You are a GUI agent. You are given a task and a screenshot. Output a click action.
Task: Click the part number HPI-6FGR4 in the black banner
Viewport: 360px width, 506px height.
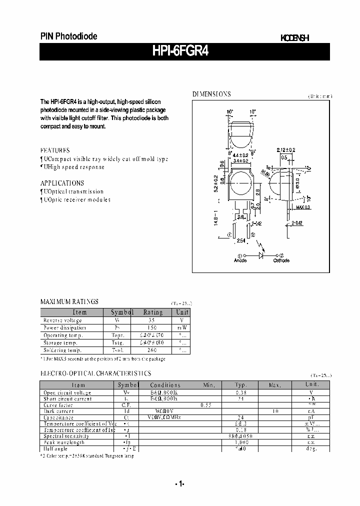(x=184, y=52)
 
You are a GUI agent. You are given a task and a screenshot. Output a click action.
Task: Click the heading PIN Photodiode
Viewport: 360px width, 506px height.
(x=68, y=36)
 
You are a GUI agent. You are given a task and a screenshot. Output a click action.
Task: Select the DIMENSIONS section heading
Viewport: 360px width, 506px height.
(x=211, y=94)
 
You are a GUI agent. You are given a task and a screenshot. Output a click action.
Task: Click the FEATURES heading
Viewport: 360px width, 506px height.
(x=55, y=150)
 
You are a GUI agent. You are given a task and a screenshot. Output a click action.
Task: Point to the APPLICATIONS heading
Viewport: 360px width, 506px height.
(x=62, y=183)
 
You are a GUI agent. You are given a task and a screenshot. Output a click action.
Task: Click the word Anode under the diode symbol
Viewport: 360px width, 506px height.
(x=240, y=260)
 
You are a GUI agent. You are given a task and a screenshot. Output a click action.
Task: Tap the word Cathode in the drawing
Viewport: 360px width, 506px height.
(x=281, y=260)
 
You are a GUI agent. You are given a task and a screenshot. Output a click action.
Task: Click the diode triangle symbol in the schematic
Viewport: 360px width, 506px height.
(x=260, y=254)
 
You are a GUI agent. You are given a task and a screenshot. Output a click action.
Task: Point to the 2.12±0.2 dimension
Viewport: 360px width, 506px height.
(x=285, y=149)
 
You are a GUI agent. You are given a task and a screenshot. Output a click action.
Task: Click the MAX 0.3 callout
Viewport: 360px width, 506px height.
(x=303, y=207)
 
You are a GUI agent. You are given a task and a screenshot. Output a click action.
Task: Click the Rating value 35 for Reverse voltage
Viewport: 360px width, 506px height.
(x=153, y=320)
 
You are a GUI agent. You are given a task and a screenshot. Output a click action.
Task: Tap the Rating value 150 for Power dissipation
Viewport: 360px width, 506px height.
(x=153, y=327)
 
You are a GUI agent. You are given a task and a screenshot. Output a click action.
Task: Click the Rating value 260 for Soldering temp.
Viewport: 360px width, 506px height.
(x=153, y=350)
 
